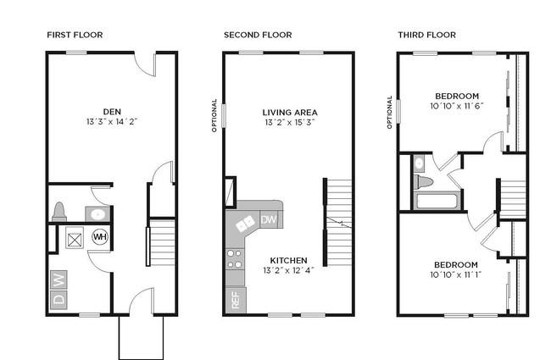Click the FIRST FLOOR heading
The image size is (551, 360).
(75, 35)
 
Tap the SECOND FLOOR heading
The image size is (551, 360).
(258, 35)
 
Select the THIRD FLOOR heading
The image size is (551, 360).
(427, 35)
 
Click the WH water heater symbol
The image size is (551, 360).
(100, 236)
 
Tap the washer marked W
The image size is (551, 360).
(58, 280)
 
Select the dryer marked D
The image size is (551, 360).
(58, 300)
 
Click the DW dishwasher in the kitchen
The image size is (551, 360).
(269, 220)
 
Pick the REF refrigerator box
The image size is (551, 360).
(236, 300)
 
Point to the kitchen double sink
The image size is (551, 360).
(245, 224)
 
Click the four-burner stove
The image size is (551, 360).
(234, 259)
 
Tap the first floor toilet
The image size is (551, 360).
(59, 212)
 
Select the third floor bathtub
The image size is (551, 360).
(437, 201)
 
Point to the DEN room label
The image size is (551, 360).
(112, 112)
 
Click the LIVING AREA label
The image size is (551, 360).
(290, 113)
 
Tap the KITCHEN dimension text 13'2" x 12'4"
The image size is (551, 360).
(288, 270)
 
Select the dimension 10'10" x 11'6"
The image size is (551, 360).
(457, 106)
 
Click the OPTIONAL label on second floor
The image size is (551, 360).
(214, 115)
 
